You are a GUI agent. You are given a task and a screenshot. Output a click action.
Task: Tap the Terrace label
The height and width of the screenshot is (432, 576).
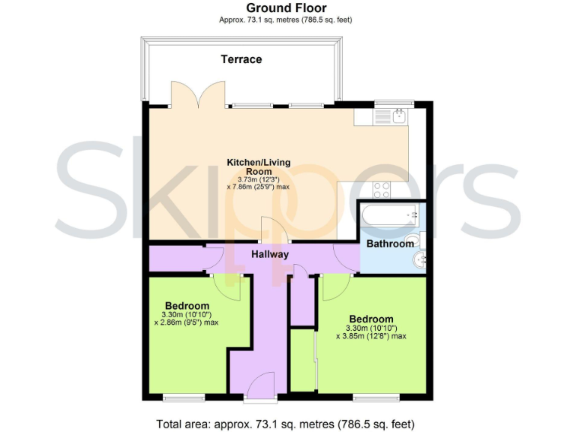click(x=241, y=59)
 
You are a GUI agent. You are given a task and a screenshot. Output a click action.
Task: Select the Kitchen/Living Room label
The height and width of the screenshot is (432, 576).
click(x=259, y=166)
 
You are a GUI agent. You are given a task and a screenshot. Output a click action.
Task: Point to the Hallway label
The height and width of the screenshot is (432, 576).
click(x=270, y=254)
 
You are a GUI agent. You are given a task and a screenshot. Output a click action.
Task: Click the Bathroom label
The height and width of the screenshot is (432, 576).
click(x=390, y=244)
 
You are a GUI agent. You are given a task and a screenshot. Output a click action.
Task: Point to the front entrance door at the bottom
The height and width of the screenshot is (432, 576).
click(x=261, y=385)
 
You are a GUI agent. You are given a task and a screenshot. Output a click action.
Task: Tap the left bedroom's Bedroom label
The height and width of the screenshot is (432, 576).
click(x=187, y=305)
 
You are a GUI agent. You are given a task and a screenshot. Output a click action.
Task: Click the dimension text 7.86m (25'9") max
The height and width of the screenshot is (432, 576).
click(x=258, y=187)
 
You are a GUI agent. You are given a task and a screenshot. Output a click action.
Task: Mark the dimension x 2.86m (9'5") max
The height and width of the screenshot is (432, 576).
click(x=186, y=322)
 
